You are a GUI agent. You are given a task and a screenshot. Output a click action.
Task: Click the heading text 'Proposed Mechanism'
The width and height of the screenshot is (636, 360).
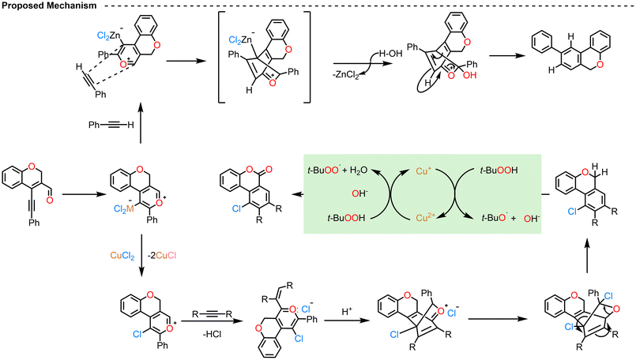click(x=49, y=6)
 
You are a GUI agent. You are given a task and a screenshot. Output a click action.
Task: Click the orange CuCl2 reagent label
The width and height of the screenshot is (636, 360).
click(x=122, y=256)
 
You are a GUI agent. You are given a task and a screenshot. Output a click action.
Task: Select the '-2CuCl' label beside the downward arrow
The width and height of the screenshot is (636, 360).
click(x=161, y=256)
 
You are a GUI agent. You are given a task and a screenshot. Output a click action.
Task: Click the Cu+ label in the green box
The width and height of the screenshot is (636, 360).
click(x=422, y=171)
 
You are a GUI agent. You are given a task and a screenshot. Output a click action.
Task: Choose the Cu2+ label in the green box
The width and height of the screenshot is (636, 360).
click(x=426, y=218)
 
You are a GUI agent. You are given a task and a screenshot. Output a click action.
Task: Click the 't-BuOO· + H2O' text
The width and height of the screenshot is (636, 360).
click(x=337, y=171)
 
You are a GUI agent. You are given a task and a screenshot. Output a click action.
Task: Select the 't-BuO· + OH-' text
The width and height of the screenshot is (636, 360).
click(x=510, y=218)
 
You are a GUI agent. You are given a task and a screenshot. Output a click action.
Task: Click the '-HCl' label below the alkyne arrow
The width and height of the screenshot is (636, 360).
click(x=213, y=335)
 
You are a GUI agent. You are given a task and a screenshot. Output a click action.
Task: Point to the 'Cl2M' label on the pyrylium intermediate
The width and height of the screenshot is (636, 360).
click(x=124, y=208)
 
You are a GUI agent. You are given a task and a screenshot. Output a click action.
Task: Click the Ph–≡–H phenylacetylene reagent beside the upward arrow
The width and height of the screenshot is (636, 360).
click(x=111, y=125)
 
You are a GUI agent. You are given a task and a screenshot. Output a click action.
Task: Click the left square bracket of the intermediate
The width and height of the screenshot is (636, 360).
click(x=222, y=57)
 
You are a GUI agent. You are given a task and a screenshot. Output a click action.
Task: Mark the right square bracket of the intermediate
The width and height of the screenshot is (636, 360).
click(x=307, y=57)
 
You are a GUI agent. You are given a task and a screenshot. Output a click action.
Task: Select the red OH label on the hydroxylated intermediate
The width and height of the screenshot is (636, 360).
click(x=470, y=76)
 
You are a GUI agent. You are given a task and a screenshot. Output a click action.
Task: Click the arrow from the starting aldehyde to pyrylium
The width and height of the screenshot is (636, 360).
click(x=82, y=194)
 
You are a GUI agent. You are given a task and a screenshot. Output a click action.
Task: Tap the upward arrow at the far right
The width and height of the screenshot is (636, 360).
click(x=587, y=257)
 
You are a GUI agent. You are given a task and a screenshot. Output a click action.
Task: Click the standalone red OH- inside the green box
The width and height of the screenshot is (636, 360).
click(x=359, y=193)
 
